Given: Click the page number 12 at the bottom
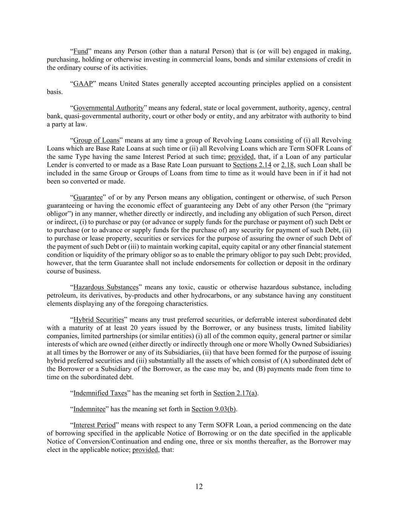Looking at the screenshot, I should pyautogui.click(x=199, y=487).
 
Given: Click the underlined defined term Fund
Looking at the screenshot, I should pyautogui.click(x=80, y=51).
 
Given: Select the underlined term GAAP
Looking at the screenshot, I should pyautogui.click(x=83, y=84).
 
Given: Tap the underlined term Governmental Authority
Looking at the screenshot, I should pyautogui.click(x=108, y=108).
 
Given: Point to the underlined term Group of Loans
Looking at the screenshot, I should pyautogui.click(x=96, y=140).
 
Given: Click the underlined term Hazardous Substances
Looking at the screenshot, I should pyautogui.click(x=106, y=287).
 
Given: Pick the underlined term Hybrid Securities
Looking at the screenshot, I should pyautogui.click(x=98, y=320).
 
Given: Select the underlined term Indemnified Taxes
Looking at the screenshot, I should pyautogui.click(x=100, y=393).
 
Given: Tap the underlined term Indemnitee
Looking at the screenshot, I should pyautogui.click(x=89, y=409).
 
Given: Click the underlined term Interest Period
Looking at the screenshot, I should pyautogui.click(x=94, y=425).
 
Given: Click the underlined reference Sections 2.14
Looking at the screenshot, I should pyautogui.click(x=252, y=165).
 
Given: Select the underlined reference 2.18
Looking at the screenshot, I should pyautogui.click(x=287, y=165).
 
